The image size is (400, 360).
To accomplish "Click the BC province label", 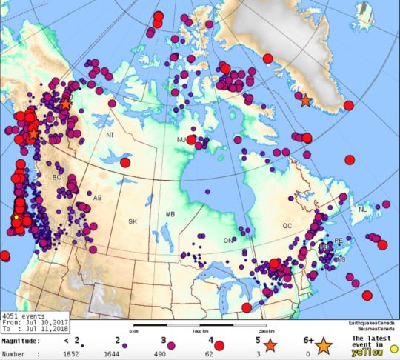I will click(x=56, y=178).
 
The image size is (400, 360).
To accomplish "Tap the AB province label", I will click(x=97, y=198).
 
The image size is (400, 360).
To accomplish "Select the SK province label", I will click(x=133, y=221).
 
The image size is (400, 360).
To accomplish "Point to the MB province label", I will click(x=170, y=214).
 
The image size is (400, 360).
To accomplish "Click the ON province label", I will click(x=228, y=240).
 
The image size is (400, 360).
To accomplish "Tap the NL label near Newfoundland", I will click(x=363, y=210).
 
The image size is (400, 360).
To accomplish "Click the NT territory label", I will click(x=110, y=136).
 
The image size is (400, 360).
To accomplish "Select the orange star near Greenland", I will click(x=305, y=99).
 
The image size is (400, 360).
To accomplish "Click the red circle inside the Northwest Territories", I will click(x=125, y=162).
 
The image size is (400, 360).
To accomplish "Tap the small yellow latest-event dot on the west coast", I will click(x=16, y=217).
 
